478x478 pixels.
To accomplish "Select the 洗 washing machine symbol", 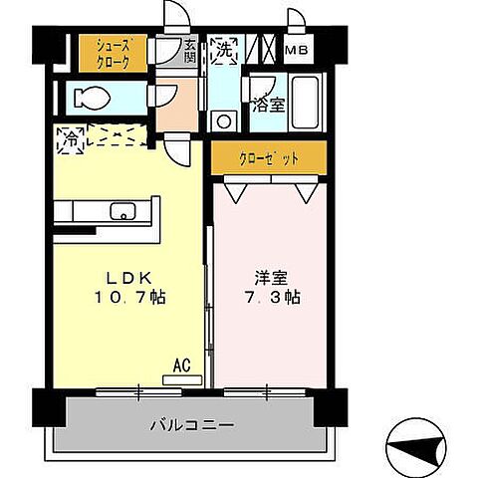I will [224, 51].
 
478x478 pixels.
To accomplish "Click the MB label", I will [297, 51].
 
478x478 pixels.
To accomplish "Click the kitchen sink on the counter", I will [123, 211].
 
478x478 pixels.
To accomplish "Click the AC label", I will [182, 365].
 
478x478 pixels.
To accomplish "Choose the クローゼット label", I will [268, 157].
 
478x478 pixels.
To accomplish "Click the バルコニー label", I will [193, 425].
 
